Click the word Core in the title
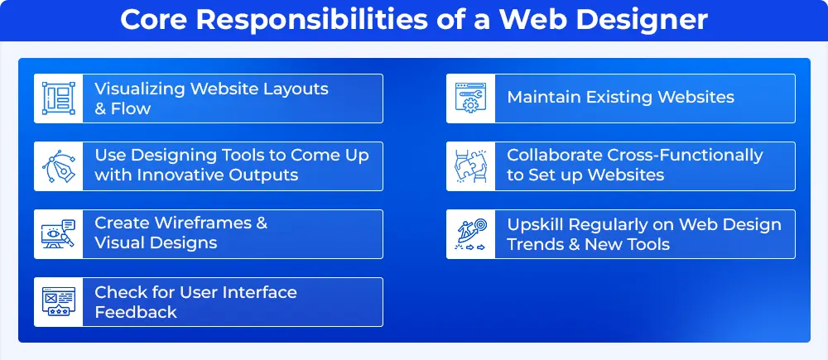[154, 20]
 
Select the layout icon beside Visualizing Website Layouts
[59, 98]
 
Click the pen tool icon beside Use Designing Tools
[59, 166]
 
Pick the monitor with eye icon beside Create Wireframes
[59, 234]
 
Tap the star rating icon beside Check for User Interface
[59, 302]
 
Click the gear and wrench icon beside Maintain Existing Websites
[471, 98]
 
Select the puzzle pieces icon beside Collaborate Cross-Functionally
[471, 166]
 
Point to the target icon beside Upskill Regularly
[471, 234]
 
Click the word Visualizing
[140, 89]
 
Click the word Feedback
[136, 311]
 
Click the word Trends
[534, 244]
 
